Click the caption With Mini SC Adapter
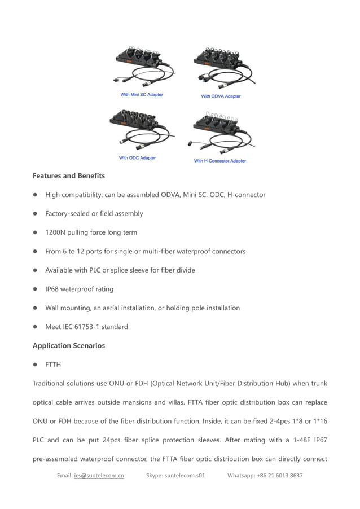tap(142, 95)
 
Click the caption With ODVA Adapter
tap(221, 96)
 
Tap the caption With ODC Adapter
tap(137, 158)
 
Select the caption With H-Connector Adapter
tap(220, 161)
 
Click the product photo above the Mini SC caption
tap(142, 66)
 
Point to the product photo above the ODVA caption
tap(222, 67)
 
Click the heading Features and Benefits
tap(68, 176)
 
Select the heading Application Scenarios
tap(68, 345)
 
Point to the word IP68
tap(52, 289)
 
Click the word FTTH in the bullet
tap(53, 365)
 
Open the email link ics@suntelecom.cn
tap(99, 476)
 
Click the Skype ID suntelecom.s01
tap(185, 476)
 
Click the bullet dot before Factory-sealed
tap(35, 214)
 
